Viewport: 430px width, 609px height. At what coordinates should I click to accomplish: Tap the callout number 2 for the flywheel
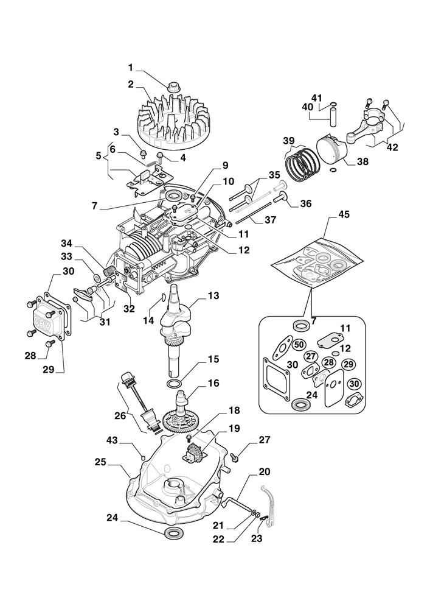pos(130,84)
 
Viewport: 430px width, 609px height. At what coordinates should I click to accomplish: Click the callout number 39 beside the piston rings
pos(289,141)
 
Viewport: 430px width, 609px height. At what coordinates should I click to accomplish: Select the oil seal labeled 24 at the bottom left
pos(173,534)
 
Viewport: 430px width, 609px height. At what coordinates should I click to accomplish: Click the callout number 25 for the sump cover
pos(101,463)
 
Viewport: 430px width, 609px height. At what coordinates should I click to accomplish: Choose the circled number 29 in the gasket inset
pos(349,364)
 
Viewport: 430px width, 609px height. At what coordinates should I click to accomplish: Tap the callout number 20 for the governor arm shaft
pos(265,471)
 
